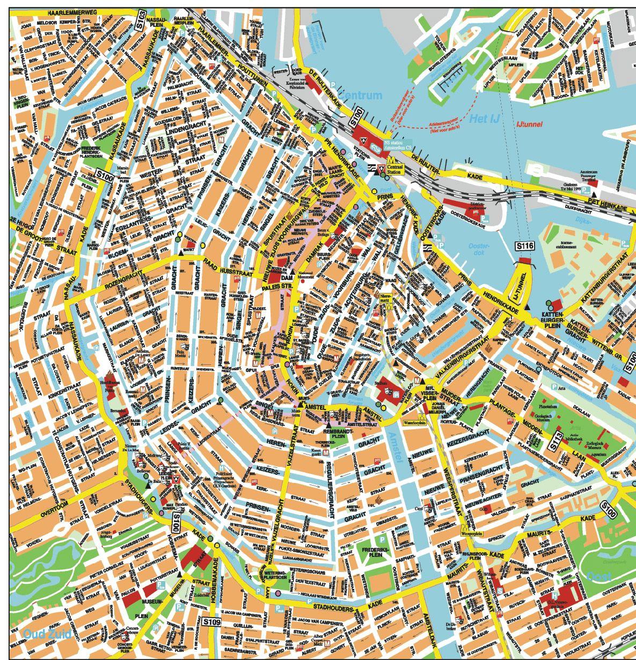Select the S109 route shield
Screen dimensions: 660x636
pyautogui.click(x=213, y=621)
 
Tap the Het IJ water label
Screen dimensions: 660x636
pyautogui.click(x=481, y=119)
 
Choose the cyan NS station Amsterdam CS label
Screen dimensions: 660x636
pyautogui.click(x=398, y=145)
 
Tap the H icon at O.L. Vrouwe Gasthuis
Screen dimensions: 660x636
pyautogui.click(x=554, y=596)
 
